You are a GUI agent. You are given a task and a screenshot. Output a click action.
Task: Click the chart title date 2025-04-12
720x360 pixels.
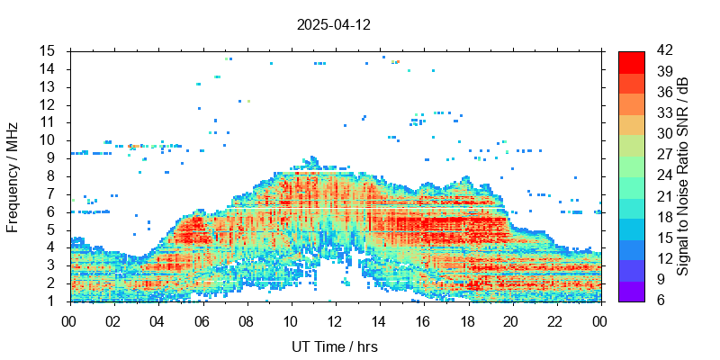(x=334, y=25)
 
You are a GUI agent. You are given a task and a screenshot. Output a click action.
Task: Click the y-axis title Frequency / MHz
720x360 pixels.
(x=13, y=176)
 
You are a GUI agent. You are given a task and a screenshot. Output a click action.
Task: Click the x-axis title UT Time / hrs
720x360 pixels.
(x=334, y=346)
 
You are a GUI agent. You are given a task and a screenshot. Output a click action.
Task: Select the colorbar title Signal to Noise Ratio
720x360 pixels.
(x=684, y=176)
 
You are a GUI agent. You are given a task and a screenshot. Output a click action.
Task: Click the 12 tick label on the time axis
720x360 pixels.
(x=335, y=319)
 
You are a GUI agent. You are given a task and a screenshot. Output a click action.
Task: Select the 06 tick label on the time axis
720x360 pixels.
(x=202, y=319)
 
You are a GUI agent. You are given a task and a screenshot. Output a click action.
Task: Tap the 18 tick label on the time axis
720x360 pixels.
(x=467, y=319)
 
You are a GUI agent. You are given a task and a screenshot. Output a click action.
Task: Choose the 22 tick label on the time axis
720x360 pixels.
(x=555, y=319)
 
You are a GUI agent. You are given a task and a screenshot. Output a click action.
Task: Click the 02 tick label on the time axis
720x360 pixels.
(x=113, y=319)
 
